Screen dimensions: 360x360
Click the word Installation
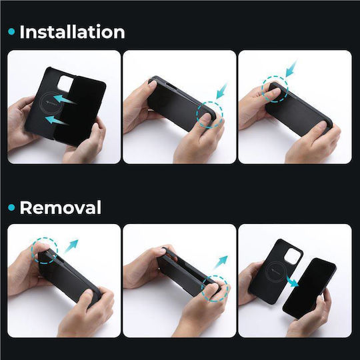click(72, 32)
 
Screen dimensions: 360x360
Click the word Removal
click(61, 207)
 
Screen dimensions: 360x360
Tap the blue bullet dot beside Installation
click(11, 32)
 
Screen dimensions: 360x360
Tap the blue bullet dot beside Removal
click(11, 207)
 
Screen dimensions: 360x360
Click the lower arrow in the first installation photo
click(56, 120)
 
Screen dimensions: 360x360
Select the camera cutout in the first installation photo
click(65, 83)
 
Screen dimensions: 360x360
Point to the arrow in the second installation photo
click(222, 91)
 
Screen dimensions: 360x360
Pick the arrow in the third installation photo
click(291, 68)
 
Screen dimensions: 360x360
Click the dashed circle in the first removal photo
click(45, 237)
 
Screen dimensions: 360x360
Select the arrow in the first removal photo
click(71, 246)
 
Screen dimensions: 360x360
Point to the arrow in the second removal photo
click(221, 262)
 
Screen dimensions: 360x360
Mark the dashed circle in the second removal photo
click(215, 275)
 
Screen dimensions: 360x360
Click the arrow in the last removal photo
click(293, 282)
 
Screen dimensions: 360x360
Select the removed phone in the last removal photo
click(309, 289)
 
